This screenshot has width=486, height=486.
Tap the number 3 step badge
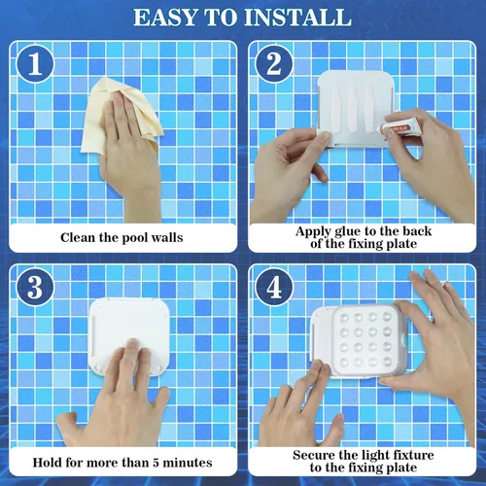pyautogui.click(x=35, y=289)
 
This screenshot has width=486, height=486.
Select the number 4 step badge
pyautogui.click(x=273, y=289)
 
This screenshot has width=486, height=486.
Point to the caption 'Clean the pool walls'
pyautogui.click(x=121, y=236)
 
